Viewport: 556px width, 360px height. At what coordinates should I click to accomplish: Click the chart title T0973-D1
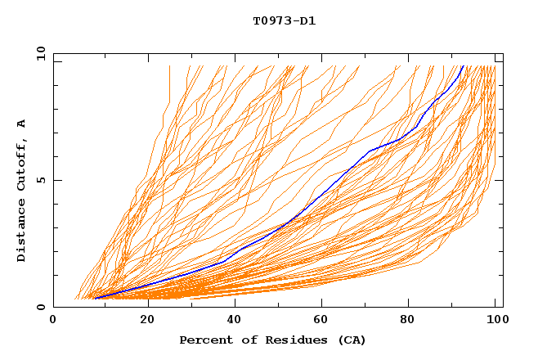point(284,20)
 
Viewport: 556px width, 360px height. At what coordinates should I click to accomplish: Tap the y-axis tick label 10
point(41,53)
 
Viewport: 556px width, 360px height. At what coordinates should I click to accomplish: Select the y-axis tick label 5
point(41,180)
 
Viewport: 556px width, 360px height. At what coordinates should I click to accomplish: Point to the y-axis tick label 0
point(41,307)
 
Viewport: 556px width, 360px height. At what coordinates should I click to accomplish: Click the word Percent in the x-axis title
point(204,340)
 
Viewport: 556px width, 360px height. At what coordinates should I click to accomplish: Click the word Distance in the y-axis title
point(22,232)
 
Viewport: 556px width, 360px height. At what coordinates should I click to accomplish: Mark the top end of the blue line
point(463,66)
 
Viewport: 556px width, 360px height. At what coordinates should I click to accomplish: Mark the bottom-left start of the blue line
point(96,298)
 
